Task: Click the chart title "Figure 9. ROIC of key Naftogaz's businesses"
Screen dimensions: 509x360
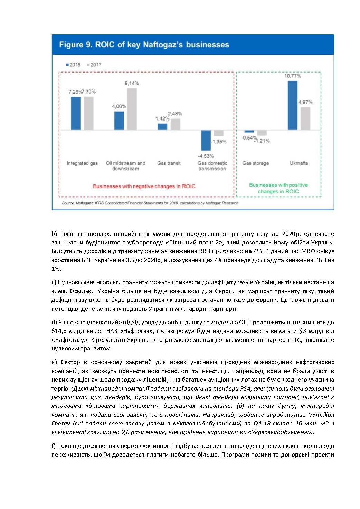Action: (x=144, y=45)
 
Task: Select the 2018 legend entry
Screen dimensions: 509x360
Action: (x=73, y=65)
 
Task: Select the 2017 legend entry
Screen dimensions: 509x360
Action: (x=94, y=65)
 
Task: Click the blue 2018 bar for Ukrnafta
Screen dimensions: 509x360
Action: (x=292, y=105)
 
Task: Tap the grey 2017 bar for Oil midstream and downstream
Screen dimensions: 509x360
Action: (x=132, y=109)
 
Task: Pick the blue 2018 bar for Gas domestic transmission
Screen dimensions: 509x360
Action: (x=206, y=140)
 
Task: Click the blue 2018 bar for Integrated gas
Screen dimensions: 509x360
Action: (x=76, y=113)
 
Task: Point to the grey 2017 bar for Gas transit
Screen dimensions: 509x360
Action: (x=176, y=124)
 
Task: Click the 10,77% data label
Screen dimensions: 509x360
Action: (x=293, y=76)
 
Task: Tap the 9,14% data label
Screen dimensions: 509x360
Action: (x=132, y=83)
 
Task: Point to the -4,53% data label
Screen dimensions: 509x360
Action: (x=206, y=156)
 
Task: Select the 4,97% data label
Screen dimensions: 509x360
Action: (x=305, y=102)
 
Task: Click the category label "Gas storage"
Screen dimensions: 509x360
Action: (x=255, y=163)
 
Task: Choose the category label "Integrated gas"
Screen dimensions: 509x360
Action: (x=82, y=163)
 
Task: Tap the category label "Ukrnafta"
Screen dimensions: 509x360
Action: (x=299, y=163)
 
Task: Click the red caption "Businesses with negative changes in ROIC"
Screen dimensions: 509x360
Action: (x=144, y=186)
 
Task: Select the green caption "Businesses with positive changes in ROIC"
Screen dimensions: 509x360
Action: (x=278, y=188)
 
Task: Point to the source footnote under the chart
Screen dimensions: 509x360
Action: (x=150, y=203)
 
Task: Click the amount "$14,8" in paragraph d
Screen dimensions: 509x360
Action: (x=59, y=331)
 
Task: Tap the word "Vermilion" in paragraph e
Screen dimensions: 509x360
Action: (x=321, y=415)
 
